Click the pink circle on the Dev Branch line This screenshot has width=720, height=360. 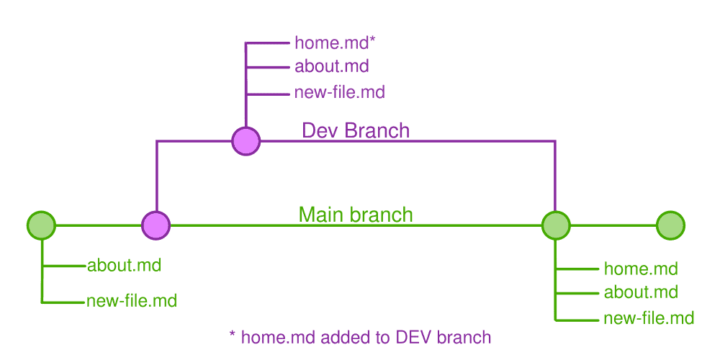tap(246, 140)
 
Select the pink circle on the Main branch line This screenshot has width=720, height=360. tap(156, 225)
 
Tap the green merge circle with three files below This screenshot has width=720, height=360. tap(555, 225)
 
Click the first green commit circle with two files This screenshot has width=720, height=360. tap(41, 225)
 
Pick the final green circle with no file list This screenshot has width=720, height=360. tap(670, 225)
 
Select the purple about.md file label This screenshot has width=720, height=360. tap(331, 67)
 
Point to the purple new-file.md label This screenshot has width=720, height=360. tap(339, 92)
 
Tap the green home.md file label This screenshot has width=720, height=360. tap(641, 269)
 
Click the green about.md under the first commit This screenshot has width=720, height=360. tap(124, 265)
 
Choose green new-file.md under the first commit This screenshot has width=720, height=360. tap(131, 301)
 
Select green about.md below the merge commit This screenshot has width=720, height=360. tap(641, 292)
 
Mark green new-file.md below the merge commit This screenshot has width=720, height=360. tap(649, 318)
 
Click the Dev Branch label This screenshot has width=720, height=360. tap(355, 130)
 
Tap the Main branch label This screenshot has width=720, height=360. tap(356, 215)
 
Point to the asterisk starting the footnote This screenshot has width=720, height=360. tap(232, 335)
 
